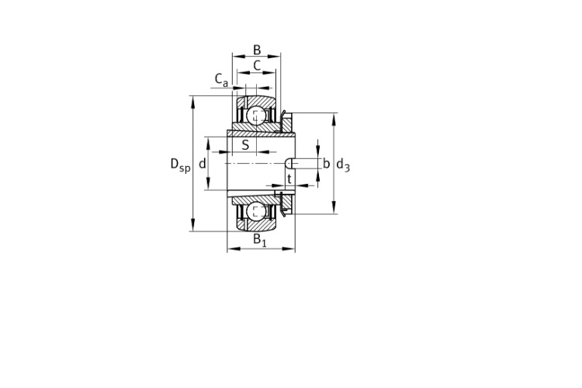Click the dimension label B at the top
coord(257,50)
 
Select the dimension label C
coord(257,66)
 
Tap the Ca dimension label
coord(221,80)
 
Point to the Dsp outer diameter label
coord(180,165)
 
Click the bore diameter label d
coord(203,164)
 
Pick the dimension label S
coord(245,145)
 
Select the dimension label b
coord(326,164)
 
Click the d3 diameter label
coord(342,165)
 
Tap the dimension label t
coord(289,178)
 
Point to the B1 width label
coord(259,241)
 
